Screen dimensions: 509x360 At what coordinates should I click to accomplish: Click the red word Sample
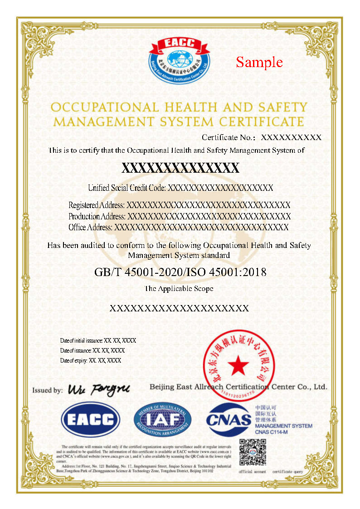(x=259, y=62)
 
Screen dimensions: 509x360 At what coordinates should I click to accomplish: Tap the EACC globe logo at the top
(x=180, y=59)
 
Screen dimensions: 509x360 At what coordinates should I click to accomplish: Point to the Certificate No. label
(x=229, y=137)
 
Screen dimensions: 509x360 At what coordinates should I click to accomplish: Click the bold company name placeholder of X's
(x=180, y=168)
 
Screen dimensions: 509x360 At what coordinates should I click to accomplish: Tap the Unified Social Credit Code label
(x=127, y=188)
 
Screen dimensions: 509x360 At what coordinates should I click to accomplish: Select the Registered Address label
(x=97, y=205)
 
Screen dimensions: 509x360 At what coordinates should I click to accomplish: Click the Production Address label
(x=97, y=216)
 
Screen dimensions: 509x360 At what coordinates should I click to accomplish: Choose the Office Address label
(x=91, y=227)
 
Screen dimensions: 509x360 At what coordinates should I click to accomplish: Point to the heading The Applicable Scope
(x=179, y=288)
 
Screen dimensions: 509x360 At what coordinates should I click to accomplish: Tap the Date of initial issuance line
(x=98, y=340)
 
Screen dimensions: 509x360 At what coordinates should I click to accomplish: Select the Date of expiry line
(x=91, y=360)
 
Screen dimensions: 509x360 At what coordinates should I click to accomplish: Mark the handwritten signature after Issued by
(x=99, y=389)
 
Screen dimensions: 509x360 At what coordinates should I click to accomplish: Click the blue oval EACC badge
(x=91, y=419)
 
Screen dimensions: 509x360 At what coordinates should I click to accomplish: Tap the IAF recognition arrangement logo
(x=162, y=419)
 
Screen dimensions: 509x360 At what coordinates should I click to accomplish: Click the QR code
(x=252, y=453)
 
